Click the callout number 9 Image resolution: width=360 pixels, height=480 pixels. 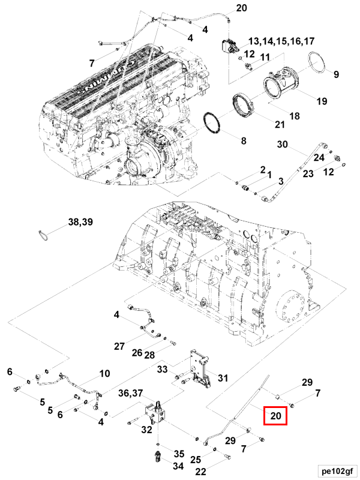click(336, 74)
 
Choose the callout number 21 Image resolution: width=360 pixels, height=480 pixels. click(280, 124)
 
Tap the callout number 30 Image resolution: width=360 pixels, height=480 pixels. click(282, 145)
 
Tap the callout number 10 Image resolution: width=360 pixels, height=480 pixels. click(104, 373)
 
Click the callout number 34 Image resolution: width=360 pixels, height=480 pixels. click(179, 466)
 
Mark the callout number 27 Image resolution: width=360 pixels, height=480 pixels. click(119, 346)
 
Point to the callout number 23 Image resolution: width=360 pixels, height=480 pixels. click(307, 174)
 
